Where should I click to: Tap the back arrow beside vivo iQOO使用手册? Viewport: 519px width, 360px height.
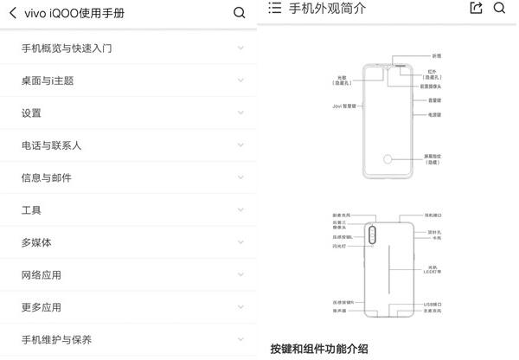(x=13, y=13)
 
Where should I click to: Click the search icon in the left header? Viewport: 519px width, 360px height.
(x=240, y=13)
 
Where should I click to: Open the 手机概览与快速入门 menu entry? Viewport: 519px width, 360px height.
(x=79, y=48)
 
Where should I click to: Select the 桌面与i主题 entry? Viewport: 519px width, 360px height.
(x=48, y=80)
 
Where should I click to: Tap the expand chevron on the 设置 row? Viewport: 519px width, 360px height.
(x=240, y=112)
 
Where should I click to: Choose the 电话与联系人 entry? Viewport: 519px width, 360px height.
(x=52, y=145)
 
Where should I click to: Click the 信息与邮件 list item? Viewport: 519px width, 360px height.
(x=47, y=177)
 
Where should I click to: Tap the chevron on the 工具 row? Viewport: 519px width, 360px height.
(x=240, y=209)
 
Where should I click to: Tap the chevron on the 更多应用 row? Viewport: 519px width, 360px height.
(x=240, y=306)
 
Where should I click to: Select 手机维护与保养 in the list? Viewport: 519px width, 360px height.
(x=57, y=339)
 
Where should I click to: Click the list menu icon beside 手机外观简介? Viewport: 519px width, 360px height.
(x=275, y=8)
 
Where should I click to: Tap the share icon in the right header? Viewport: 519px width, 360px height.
(x=475, y=8)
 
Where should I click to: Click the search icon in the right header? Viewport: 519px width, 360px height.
(x=499, y=8)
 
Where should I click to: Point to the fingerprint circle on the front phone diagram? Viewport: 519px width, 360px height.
(x=390, y=161)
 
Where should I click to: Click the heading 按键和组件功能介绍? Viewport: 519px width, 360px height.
(x=319, y=349)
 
